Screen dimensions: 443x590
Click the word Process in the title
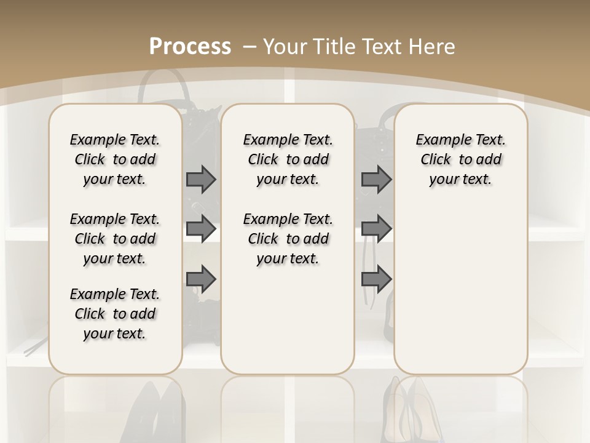190,46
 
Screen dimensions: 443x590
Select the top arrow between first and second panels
201,180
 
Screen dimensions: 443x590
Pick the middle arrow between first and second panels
201,228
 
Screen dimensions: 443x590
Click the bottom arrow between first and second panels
201,279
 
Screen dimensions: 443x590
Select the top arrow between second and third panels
376,180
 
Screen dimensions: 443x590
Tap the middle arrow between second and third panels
376,228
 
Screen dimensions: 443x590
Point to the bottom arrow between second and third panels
376,279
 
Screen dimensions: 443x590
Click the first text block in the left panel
115,159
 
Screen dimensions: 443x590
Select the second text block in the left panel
115,239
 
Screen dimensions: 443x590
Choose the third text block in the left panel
115,314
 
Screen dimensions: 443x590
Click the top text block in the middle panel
288,159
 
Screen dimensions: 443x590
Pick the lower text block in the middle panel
288,239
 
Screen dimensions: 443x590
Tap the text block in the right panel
460,159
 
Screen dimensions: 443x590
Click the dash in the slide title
251,47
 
